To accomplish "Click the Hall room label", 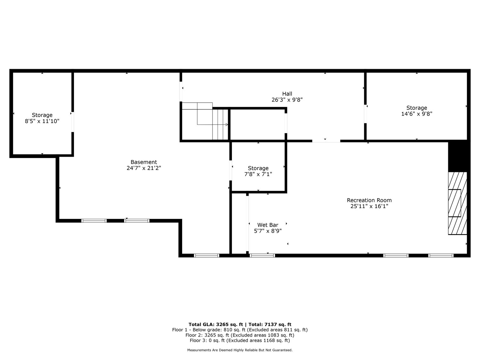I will (287, 94).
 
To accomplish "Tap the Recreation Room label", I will (369, 200).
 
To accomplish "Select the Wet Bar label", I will (267, 225).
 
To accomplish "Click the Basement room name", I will (144, 162).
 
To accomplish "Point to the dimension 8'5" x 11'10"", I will (42, 121).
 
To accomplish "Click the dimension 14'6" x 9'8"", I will (417, 114).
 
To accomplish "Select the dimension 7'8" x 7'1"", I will (258, 174).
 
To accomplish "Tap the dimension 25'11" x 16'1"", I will (369, 206).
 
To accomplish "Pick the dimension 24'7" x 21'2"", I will (144, 168).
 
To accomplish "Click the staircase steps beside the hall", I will (220, 124).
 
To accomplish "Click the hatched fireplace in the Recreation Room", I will (457, 203).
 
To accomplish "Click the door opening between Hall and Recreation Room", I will (326, 141).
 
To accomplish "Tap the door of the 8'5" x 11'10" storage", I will (73, 122).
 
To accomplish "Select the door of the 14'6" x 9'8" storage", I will (365, 114).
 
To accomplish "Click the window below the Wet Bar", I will (262, 255).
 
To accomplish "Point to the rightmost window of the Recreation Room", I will (441, 255).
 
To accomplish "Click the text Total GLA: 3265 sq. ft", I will (216, 324).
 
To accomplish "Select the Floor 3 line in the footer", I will (240, 340).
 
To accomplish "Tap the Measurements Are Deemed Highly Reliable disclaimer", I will (240, 350).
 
